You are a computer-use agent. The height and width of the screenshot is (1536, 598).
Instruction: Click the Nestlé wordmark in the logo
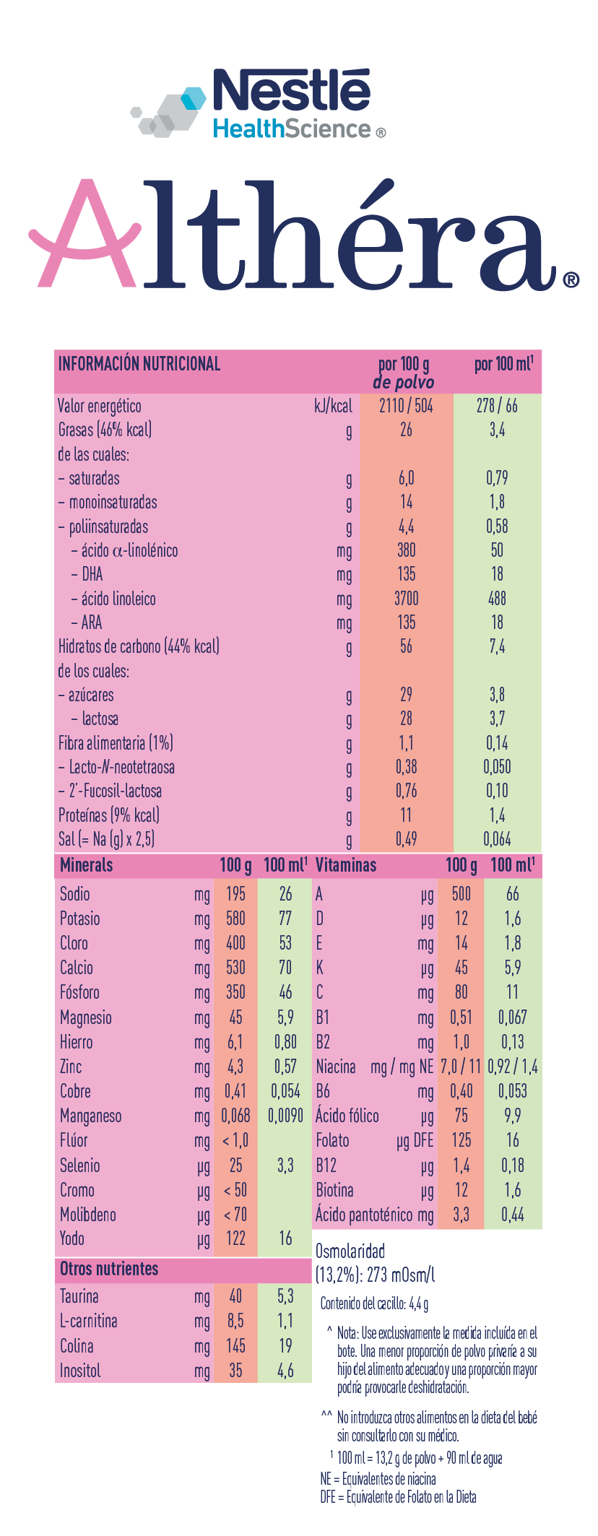pos(291,92)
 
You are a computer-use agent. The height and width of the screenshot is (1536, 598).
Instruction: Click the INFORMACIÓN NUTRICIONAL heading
pos(139,363)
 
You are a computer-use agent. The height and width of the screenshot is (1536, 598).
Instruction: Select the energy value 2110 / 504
pos(406,406)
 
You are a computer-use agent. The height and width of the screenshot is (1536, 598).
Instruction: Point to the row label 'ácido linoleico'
pos(118,599)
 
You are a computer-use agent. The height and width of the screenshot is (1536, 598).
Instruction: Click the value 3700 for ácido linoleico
pos(406,599)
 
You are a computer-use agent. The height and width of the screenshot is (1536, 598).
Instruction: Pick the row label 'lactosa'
pos(100,719)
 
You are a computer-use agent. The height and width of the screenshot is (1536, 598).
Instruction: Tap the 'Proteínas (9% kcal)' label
pos(109,815)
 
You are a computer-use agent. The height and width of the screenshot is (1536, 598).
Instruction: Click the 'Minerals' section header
pos(87,865)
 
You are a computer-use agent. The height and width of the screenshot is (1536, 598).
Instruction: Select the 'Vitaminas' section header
pos(346,865)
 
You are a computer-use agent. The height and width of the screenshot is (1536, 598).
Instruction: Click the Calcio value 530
pos(235,968)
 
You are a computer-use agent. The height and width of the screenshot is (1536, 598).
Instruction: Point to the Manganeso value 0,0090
pos(285,1116)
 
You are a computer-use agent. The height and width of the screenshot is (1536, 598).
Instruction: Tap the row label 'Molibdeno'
pos(88,1215)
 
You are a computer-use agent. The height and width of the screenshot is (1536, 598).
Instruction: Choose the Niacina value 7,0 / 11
pos(461,1067)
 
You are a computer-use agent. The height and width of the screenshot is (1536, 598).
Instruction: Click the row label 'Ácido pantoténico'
pos(364,1215)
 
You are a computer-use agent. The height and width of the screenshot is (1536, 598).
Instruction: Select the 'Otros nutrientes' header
pos(109,1269)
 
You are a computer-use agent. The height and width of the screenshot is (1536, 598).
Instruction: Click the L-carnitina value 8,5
pos(235,1321)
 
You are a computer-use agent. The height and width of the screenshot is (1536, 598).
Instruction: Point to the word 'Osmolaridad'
pos(350,1251)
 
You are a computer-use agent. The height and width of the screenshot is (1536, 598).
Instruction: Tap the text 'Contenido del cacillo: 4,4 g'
pos(374,1303)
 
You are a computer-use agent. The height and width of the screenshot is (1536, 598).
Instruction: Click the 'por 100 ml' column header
pos(503,364)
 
